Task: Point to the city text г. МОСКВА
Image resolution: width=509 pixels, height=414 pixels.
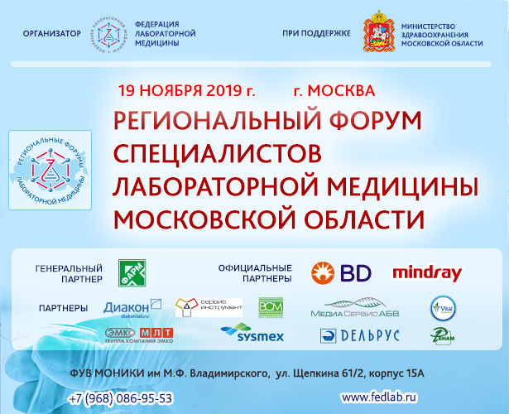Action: click(x=334, y=89)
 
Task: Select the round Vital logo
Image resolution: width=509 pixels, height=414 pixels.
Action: click(x=440, y=308)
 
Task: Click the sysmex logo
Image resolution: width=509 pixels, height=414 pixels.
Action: click(x=252, y=334)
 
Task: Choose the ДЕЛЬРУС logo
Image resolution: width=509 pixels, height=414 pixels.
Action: click(x=359, y=335)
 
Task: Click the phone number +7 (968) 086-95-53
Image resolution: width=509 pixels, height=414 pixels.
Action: click(x=122, y=397)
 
